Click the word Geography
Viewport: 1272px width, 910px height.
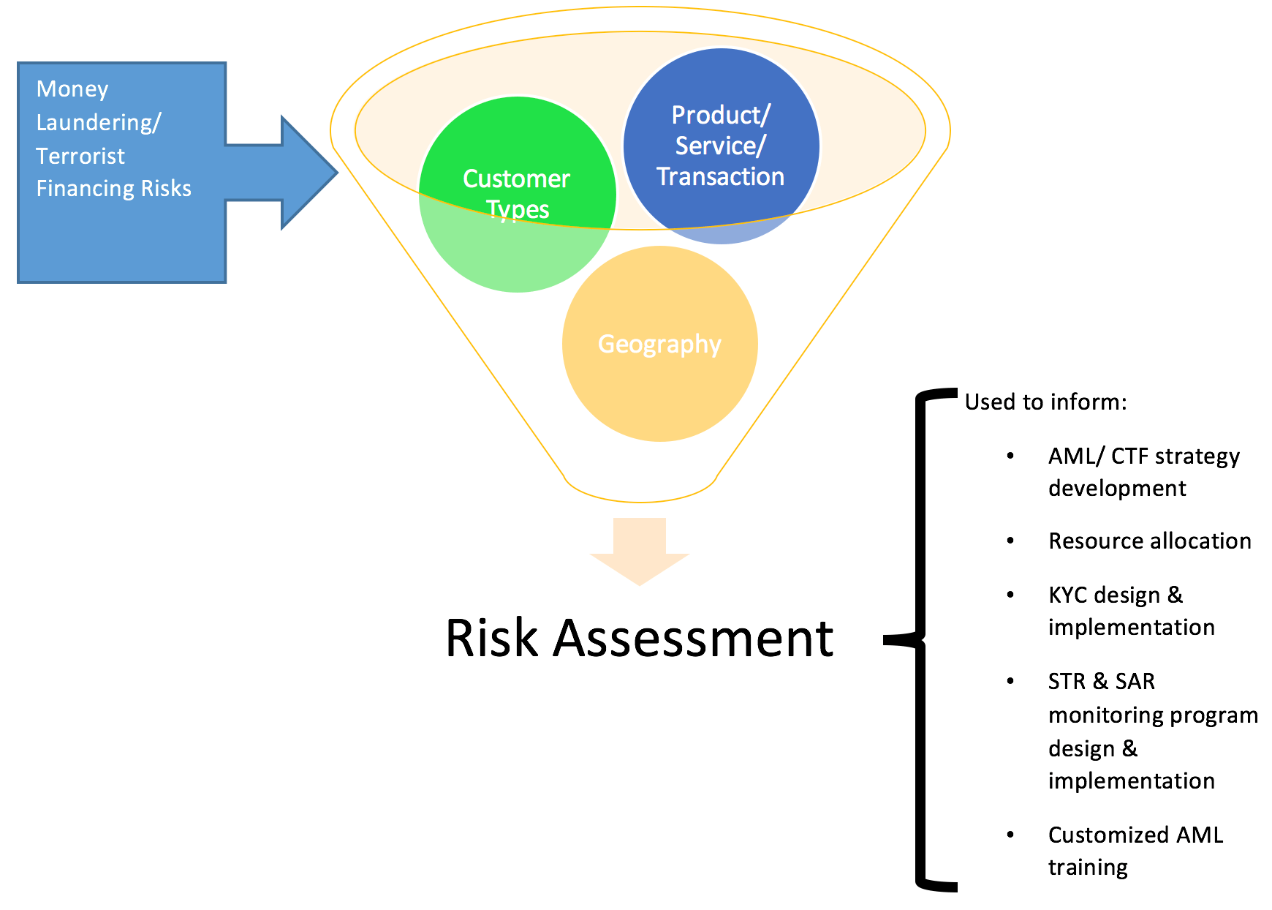pyautogui.click(x=659, y=344)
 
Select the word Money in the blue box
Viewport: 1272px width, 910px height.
pyautogui.click(x=72, y=89)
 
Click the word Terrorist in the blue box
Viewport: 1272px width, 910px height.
pyautogui.click(x=80, y=156)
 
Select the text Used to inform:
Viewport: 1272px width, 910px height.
pyautogui.click(x=1045, y=402)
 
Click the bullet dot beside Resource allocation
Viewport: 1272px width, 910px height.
pyautogui.click(x=1010, y=541)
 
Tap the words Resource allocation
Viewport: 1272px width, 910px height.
pyautogui.click(x=1149, y=541)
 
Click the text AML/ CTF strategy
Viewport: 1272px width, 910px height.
pyautogui.click(x=1143, y=456)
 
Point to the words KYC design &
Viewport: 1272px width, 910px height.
pyautogui.click(x=1115, y=595)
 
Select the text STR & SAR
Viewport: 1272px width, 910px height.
pyautogui.click(x=1101, y=682)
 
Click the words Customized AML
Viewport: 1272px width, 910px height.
pyautogui.click(x=1135, y=835)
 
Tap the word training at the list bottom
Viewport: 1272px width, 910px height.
pyautogui.click(x=1088, y=868)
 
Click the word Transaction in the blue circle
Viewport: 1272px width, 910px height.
pyautogui.click(x=720, y=177)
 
